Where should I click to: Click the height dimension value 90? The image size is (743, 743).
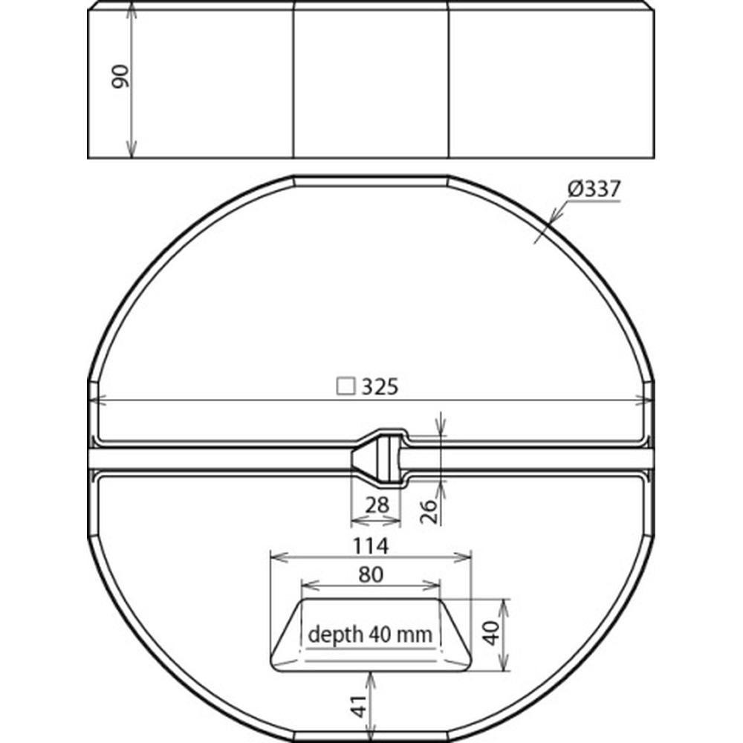click(120, 77)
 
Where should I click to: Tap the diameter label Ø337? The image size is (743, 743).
click(594, 189)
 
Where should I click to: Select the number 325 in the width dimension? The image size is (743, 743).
click(380, 387)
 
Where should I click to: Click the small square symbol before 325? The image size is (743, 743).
click(345, 386)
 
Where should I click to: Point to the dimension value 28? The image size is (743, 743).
click(377, 504)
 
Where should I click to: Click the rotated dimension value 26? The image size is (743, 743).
click(429, 510)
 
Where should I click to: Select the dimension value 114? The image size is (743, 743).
click(371, 546)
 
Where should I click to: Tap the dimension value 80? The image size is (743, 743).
click(371, 574)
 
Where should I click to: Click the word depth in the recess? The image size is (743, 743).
click(336, 635)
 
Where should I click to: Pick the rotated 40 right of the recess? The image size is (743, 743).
click(493, 633)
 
